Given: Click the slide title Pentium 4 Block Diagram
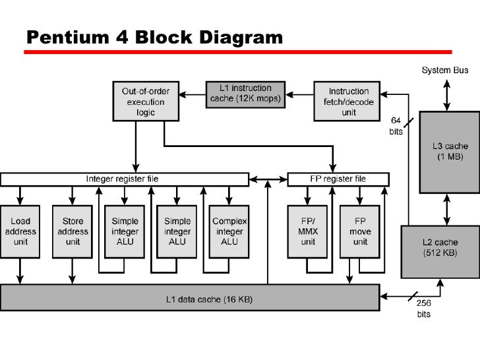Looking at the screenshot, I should click(154, 38).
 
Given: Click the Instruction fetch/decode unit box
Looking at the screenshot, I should click(349, 101).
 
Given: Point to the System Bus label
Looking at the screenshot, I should click(445, 69).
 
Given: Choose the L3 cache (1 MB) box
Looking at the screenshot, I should click(446, 151).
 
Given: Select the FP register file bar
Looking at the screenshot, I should click(337, 179).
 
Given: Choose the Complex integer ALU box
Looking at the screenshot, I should click(229, 231).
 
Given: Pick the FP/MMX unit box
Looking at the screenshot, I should click(308, 231).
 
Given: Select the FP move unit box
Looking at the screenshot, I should click(360, 231).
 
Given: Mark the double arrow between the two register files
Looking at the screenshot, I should click(268, 179).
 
